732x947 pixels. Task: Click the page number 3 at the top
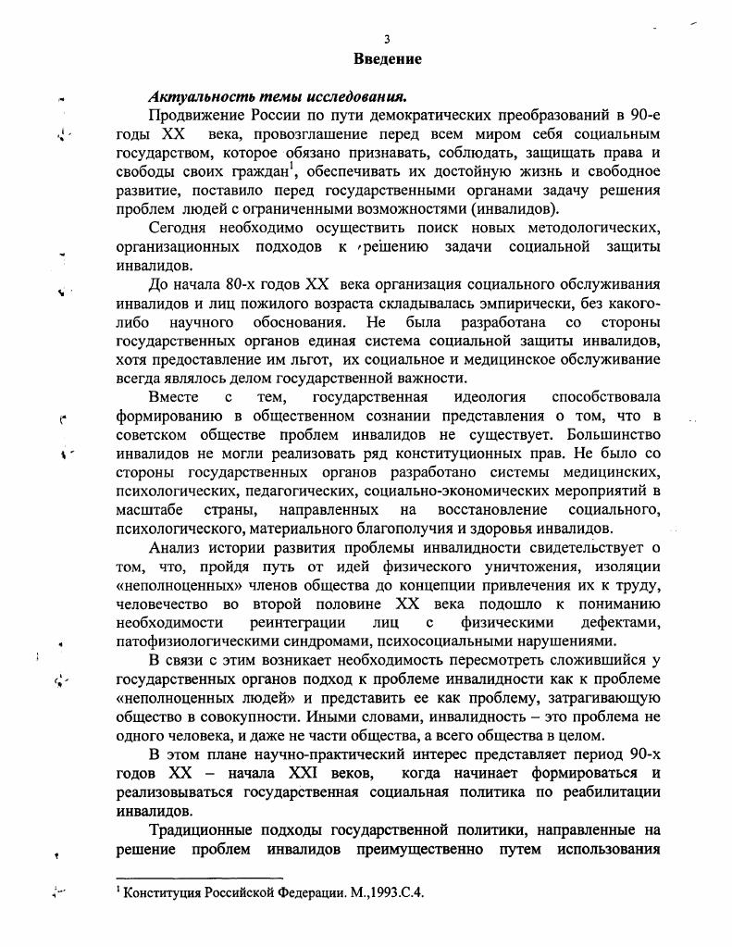tap(388, 38)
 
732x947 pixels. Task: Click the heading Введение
tap(388, 58)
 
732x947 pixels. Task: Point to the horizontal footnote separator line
tap(199, 877)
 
